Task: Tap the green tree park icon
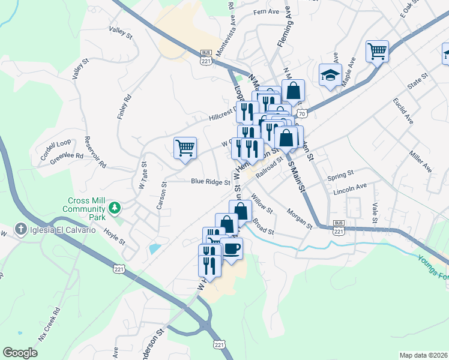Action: pyautogui.click(x=113, y=208)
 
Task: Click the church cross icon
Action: pyautogui.click(x=20, y=230)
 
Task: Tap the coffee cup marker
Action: pyautogui.click(x=231, y=248)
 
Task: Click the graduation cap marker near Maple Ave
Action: pyautogui.click(x=330, y=75)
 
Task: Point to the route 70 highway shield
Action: pyautogui.click(x=303, y=113)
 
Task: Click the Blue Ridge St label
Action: pyautogui.click(x=211, y=181)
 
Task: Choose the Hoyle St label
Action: pyautogui.click(x=113, y=236)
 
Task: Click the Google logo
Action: pyautogui.click(x=20, y=353)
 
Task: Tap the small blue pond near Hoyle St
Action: pyautogui.click(x=154, y=247)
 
